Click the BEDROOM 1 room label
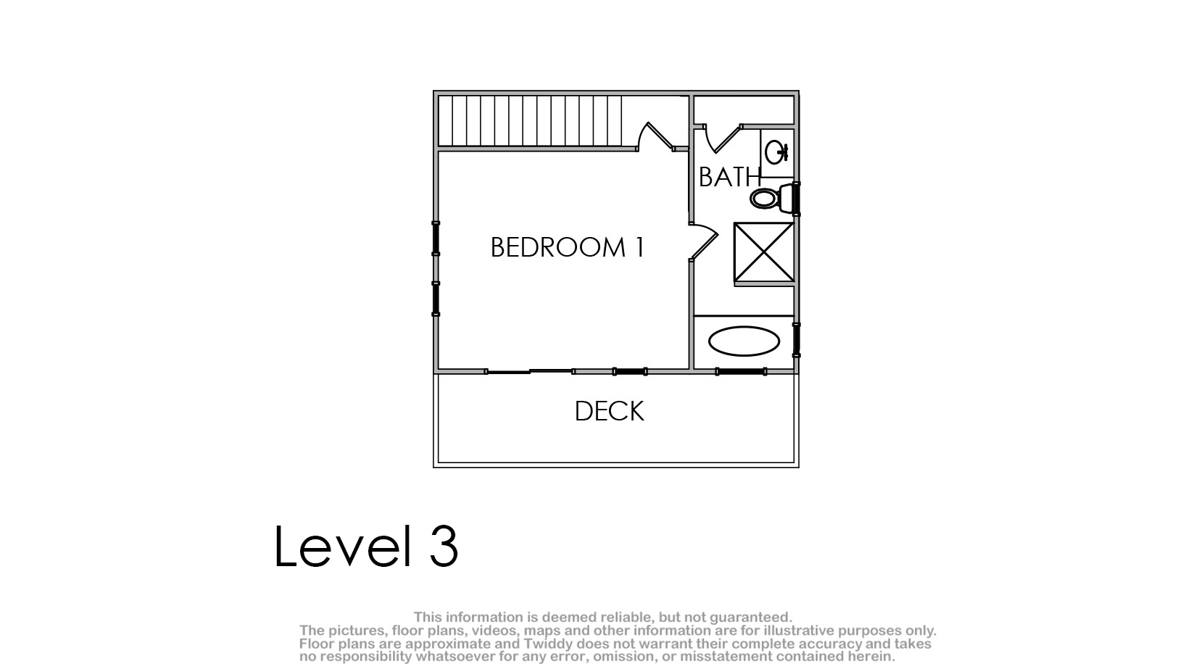tap(567, 247)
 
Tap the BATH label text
tap(730, 177)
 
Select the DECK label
tap(610, 411)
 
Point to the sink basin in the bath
tap(776, 153)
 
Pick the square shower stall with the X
tap(764, 252)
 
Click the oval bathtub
tap(744, 341)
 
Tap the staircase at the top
tap(530, 120)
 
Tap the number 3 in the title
tap(444, 546)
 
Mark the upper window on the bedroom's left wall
tap(436, 238)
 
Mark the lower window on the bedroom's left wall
tap(436, 299)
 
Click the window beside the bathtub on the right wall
tap(797, 340)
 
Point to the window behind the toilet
tap(797, 199)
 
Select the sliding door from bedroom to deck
tap(530, 372)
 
